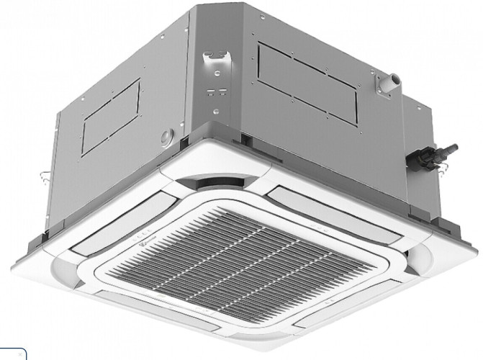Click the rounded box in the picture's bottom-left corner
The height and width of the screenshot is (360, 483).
pos(13,354)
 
